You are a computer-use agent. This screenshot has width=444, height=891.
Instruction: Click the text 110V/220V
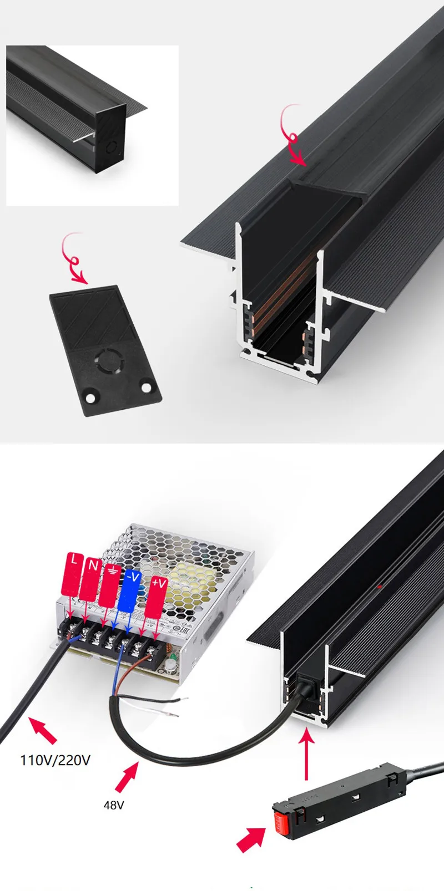point(55,760)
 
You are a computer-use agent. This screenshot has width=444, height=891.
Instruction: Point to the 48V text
point(114,805)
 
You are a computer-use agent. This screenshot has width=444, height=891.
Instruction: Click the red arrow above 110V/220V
point(42,730)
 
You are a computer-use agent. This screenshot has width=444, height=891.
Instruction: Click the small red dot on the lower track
point(379,586)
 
